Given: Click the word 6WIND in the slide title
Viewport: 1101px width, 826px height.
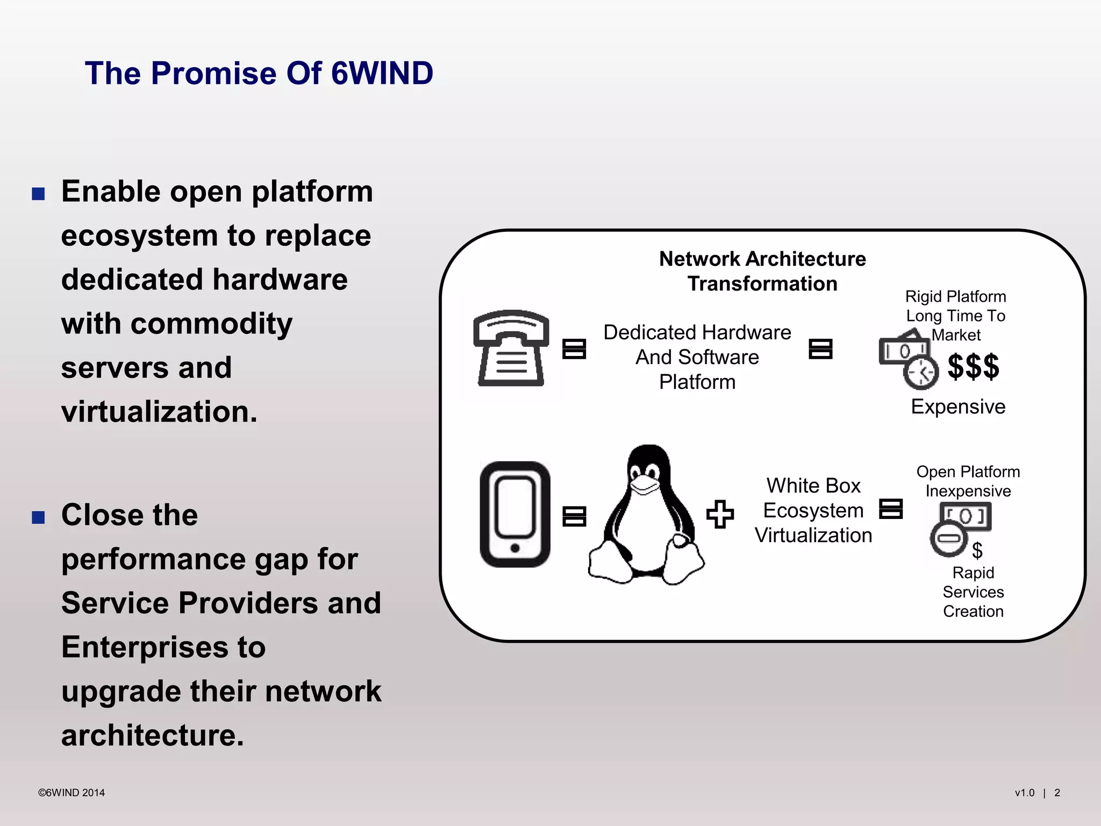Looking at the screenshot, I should [x=382, y=73].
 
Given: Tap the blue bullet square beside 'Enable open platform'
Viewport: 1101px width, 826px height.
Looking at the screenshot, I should [x=38, y=194].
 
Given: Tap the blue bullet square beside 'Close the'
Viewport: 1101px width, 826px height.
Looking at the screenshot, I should [x=38, y=517].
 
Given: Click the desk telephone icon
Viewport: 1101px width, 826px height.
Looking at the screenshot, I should [x=511, y=348].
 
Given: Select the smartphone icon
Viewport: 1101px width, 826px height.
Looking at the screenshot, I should [x=514, y=514].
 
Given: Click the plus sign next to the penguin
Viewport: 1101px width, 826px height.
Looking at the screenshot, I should [x=720, y=514].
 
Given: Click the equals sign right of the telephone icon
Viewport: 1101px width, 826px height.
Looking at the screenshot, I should [x=574, y=348].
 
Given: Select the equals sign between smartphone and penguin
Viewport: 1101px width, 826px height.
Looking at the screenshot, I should [x=574, y=516].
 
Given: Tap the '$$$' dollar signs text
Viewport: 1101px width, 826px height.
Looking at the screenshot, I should [x=973, y=367].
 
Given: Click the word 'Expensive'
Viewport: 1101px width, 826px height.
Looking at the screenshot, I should [x=958, y=407].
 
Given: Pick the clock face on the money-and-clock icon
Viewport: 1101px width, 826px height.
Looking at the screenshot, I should [x=921, y=372].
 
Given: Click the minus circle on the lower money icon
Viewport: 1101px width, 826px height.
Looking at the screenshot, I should [x=948, y=539].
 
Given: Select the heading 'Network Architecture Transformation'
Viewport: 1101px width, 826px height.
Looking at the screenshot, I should [x=762, y=271].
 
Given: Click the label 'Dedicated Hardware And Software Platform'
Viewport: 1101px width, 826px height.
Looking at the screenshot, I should [x=697, y=357].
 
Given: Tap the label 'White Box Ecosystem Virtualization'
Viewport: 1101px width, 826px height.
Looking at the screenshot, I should [x=813, y=510].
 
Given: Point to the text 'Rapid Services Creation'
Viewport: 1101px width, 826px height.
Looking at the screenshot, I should [x=973, y=592].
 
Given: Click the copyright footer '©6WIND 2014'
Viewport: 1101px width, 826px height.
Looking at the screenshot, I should [x=72, y=793].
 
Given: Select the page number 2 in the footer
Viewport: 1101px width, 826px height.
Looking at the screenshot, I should [x=1057, y=793].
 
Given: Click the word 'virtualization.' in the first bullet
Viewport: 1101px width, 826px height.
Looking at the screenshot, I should [x=159, y=412].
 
